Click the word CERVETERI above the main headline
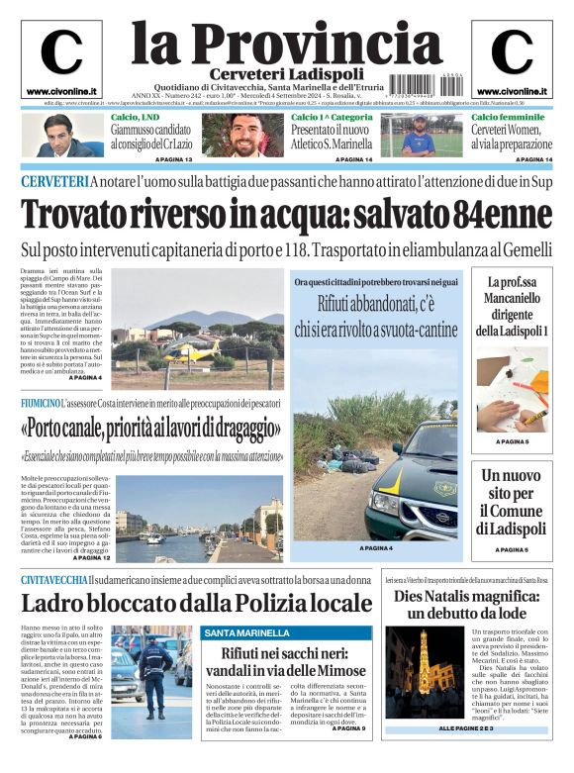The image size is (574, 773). (53, 181)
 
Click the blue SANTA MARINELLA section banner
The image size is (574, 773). (287, 632)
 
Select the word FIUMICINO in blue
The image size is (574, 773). (40, 404)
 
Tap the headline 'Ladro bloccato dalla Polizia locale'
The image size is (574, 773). (196, 603)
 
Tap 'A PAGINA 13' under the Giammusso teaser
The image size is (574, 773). (173, 159)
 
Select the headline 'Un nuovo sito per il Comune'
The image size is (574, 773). (511, 503)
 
